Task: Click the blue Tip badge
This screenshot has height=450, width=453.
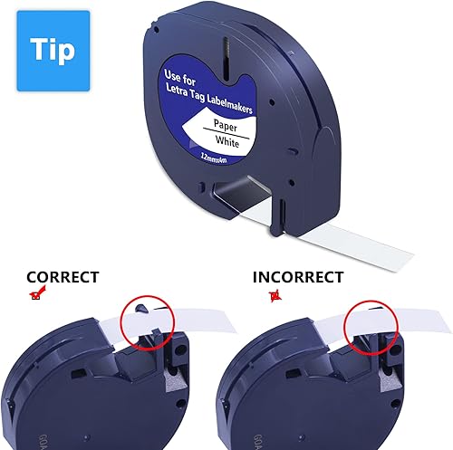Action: (x=53, y=50)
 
